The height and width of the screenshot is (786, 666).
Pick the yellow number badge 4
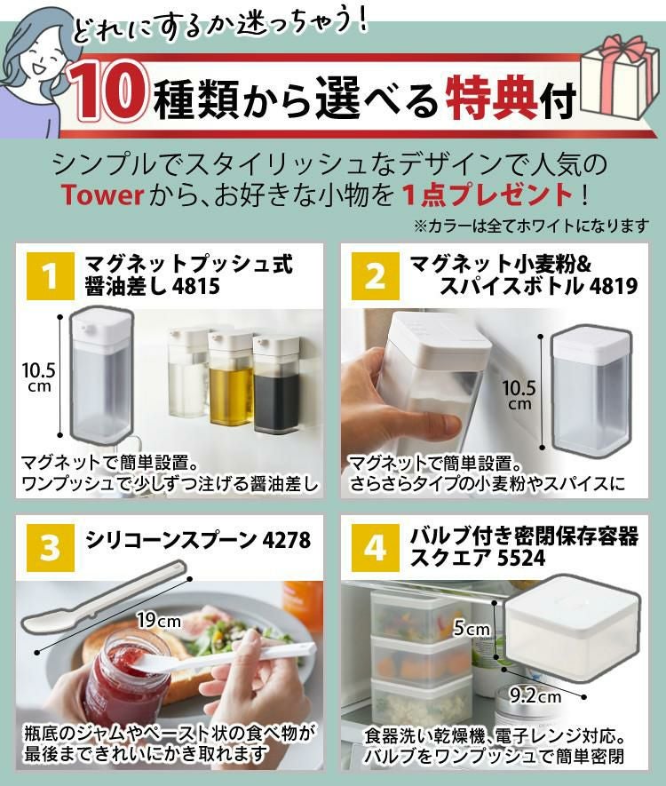coord(375,547)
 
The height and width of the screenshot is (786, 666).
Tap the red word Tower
coord(100,194)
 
